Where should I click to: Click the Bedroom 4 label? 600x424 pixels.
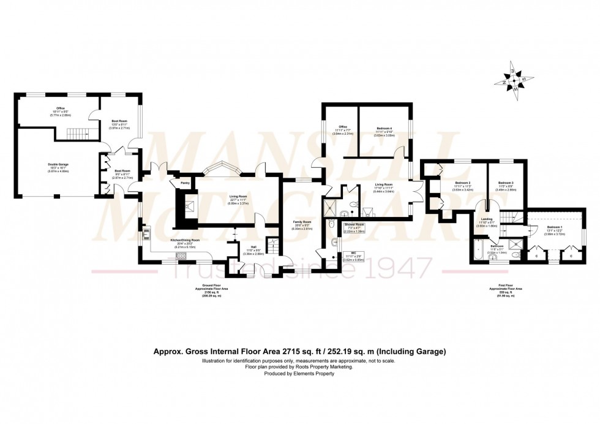pos(384,128)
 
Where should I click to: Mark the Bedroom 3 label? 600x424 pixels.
pos(505,183)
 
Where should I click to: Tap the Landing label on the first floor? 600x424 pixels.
pos(487,219)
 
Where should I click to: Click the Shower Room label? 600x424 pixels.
pos(354,225)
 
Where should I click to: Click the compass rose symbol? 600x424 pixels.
pos(513,81)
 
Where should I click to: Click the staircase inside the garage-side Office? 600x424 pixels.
pos(74,132)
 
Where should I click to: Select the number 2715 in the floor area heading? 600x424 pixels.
pos(290,352)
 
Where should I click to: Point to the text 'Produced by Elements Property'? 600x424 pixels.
pos(299,373)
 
